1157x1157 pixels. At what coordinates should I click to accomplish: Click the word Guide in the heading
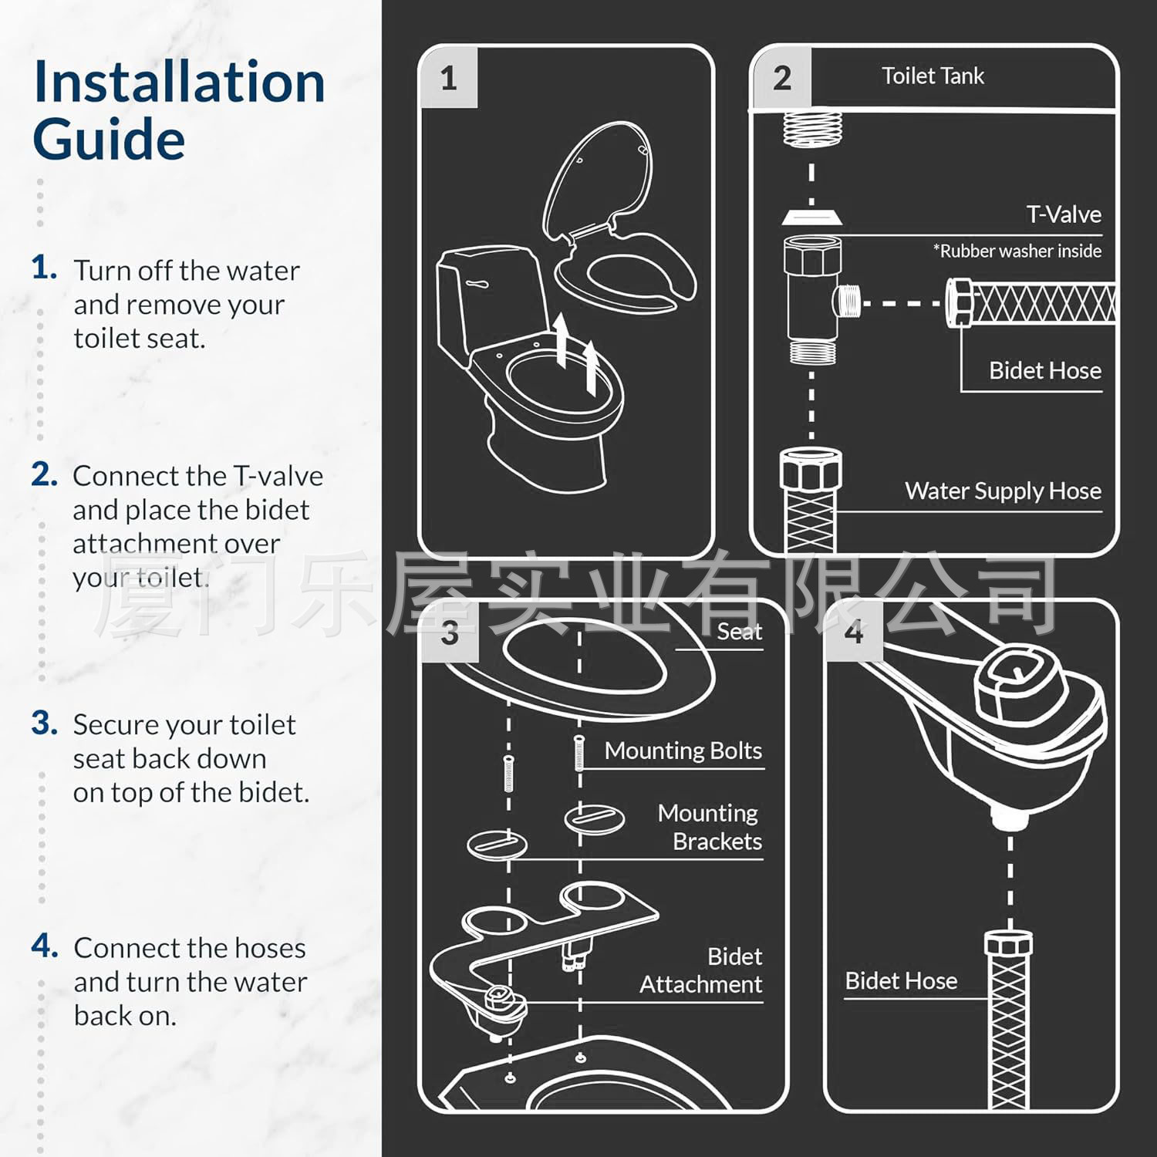click(x=109, y=140)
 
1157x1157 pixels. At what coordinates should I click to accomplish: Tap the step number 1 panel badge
click(x=449, y=79)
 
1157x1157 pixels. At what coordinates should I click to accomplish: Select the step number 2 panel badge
click(x=781, y=78)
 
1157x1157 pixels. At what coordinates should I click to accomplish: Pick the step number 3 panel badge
click(x=450, y=633)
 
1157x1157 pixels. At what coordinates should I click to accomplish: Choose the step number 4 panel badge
click(x=853, y=632)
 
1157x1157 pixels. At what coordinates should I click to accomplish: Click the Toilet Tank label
click(x=933, y=76)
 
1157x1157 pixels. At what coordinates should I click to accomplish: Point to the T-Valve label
click(x=1063, y=214)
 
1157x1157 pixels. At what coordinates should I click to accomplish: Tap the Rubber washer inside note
click(x=1017, y=251)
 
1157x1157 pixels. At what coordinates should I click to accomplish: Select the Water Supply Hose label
click(x=1003, y=491)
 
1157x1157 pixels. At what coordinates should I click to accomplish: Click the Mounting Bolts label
click(x=683, y=751)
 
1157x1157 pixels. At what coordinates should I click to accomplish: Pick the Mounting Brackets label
click(x=709, y=827)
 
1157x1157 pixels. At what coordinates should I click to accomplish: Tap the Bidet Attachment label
click(x=700, y=970)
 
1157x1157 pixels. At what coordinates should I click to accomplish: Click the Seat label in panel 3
click(x=739, y=632)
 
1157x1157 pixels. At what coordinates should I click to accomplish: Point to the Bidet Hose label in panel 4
click(x=901, y=980)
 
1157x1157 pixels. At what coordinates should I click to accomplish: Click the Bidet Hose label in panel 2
click(x=1044, y=370)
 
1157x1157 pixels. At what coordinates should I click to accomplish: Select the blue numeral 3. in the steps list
click(x=45, y=724)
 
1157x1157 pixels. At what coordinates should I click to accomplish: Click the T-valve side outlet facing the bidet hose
click(x=848, y=301)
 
